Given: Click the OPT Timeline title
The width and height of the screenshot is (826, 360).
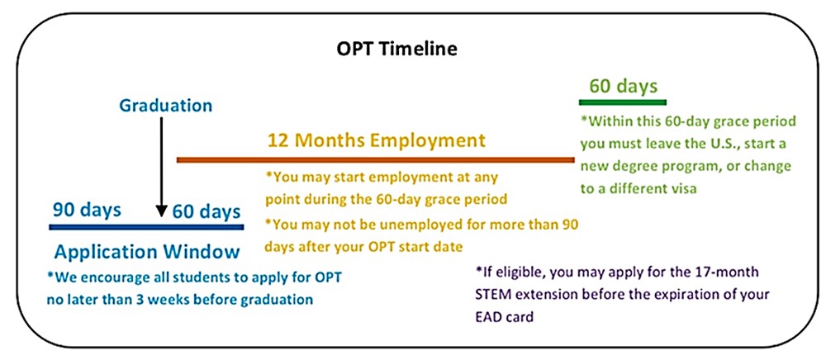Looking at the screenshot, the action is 397,49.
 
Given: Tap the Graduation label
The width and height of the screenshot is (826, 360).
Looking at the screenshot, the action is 166,106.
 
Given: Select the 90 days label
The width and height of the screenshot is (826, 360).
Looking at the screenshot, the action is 87,210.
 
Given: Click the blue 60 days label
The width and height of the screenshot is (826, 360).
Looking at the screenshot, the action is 206,212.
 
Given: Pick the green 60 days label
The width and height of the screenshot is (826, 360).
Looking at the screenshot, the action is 623,86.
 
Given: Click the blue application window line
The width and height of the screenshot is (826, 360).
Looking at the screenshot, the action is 146,227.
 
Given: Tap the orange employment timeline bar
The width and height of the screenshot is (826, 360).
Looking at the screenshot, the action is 376,159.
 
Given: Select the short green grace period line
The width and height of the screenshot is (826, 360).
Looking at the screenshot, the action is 623,102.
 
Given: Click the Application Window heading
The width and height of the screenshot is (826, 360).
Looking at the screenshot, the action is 147,252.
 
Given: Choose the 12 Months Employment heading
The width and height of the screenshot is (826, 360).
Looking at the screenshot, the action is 376,140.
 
